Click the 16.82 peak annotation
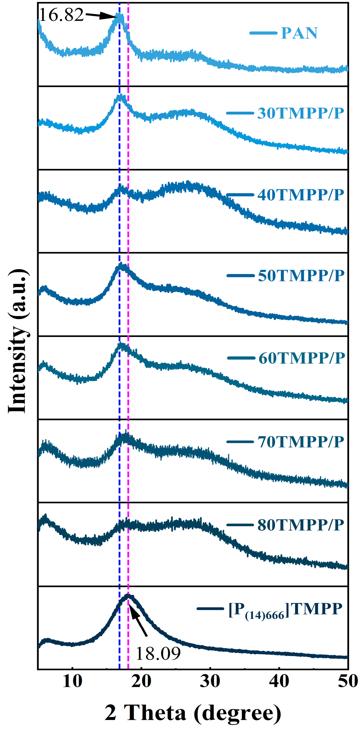(62, 15)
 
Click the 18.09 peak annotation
(158, 653)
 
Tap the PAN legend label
(299, 33)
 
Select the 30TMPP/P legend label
(300, 113)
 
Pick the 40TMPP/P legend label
(300, 195)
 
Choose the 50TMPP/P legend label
(301, 275)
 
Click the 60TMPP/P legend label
(302, 358)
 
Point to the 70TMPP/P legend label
(300, 442)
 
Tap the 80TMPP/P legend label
(300, 525)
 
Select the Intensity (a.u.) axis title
(18, 340)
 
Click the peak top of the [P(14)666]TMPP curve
(129, 595)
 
